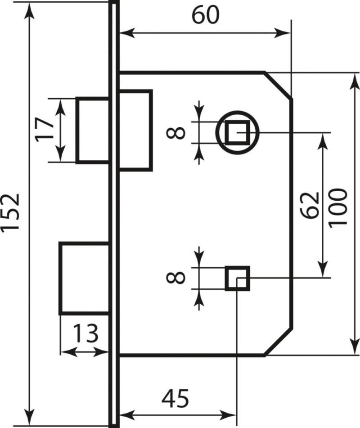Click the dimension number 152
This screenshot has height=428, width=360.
click(x=10, y=212)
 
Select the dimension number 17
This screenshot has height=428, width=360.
click(x=45, y=129)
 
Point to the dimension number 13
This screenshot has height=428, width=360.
click(x=85, y=333)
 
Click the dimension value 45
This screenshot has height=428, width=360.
click(x=175, y=398)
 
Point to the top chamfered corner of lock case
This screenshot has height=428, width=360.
click(x=279, y=86)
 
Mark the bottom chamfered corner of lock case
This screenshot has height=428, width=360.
click(x=279, y=342)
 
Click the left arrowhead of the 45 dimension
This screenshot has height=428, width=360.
click(x=127, y=415)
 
